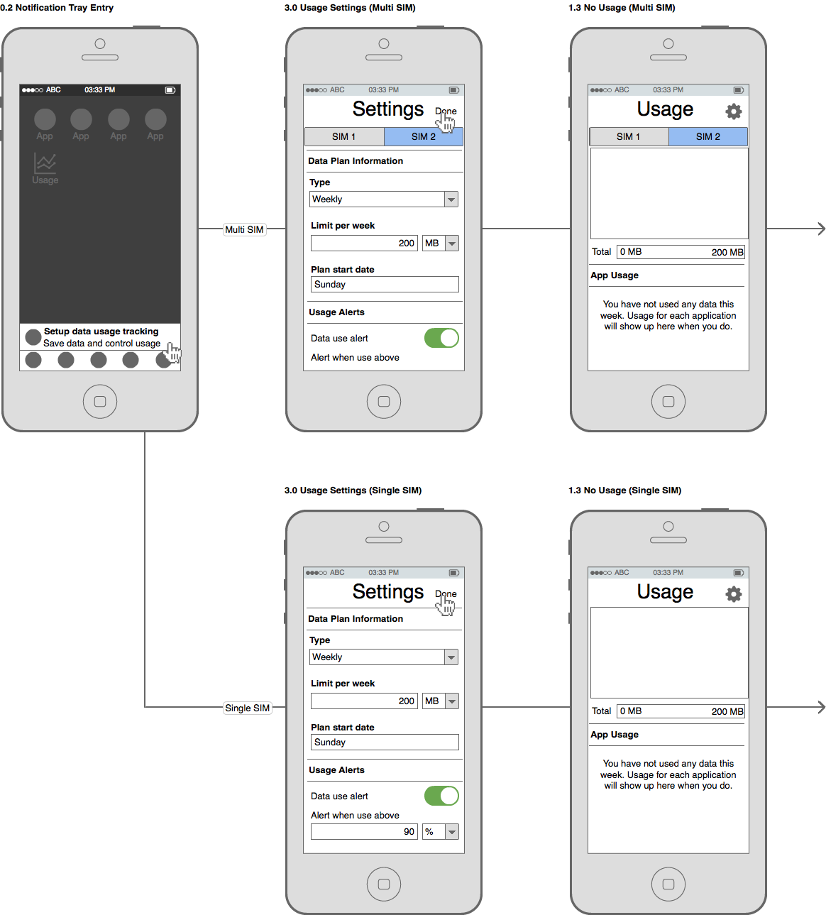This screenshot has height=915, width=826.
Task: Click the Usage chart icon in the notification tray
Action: click(45, 163)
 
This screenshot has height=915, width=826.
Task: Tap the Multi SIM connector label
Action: click(244, 229)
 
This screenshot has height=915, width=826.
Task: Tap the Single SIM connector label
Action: click(247, 708)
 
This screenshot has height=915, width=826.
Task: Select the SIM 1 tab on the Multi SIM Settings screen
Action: click(344, 137)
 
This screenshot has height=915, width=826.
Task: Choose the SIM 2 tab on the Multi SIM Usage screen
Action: click(708, 137)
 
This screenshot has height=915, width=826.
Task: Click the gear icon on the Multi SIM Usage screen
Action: click(734, 111)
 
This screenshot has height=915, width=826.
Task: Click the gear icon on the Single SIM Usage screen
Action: click(734, 594)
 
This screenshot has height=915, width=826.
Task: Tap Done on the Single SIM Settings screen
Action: click(446, 594)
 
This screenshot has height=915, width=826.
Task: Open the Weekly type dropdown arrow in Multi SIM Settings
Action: click(451, 199)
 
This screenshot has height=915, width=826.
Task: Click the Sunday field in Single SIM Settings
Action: click(385, 742)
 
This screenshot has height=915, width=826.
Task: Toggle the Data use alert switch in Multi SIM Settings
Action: click(441, 339)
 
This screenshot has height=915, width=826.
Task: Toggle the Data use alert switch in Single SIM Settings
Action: click(441, 796)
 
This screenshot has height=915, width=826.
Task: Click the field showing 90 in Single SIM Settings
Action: click(364, 831)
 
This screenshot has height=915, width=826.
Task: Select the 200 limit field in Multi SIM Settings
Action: click(364, 243)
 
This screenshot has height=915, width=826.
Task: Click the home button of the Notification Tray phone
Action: click(100, 401)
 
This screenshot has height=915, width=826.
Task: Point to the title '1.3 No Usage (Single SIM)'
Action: click(625, 491)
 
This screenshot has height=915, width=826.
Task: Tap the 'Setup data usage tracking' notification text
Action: click(101, 332)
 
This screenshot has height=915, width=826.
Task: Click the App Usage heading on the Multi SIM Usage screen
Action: click(615, 275)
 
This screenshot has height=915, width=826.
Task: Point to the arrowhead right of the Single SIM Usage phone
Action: click(822, 707)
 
